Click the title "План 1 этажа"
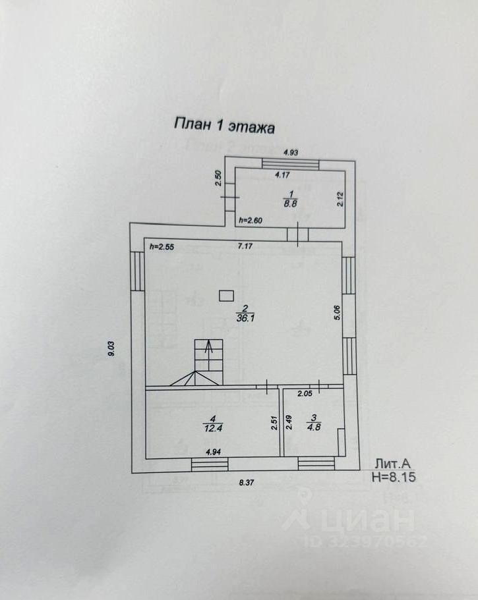pyautogui.click(x=224, y=125)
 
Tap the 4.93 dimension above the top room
pyautogui.click(x=291, y=153)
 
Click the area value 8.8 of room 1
pyautogui.click(x=290, y=204)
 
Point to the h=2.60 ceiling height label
pyautogui.click(x=251, y=221)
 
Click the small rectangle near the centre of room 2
pyautogui.click(x=227, y=296)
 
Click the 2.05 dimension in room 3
pyautogui.click(x=305, y=394)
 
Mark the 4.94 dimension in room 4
pyautogui.click(x=213, y=452)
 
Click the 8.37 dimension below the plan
pyautogui.click(x=247, y=483)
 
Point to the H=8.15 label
pyautogui.click(x=395, y=476)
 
